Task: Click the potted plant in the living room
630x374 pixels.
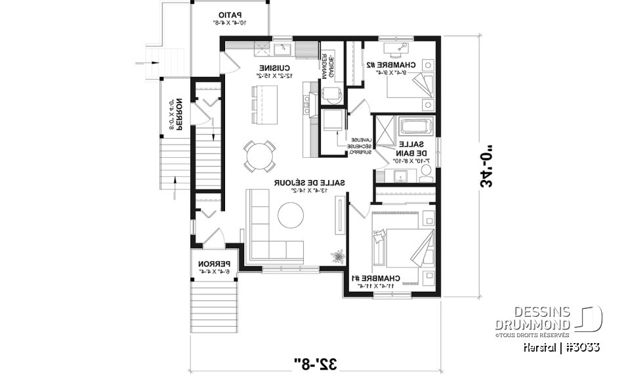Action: tap(339, 255)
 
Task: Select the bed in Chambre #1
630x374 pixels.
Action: tap(402, 246)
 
